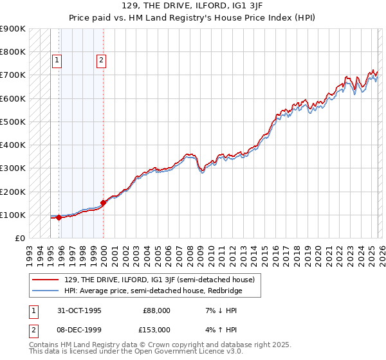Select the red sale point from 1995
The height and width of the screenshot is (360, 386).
tap(59, 217)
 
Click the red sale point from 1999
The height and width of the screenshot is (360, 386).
tap(104, 203)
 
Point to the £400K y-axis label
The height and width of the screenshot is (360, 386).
tap(13, 145)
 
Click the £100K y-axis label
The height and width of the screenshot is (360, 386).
tap(13, 215)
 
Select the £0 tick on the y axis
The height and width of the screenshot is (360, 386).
tap(19, 238)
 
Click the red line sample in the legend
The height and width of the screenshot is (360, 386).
tap(46, 280)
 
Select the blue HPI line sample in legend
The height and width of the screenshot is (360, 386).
tap(46, 291)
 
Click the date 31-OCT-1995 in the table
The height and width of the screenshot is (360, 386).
tap(78, 310)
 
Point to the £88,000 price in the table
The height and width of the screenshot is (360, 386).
tap(156, 310)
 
